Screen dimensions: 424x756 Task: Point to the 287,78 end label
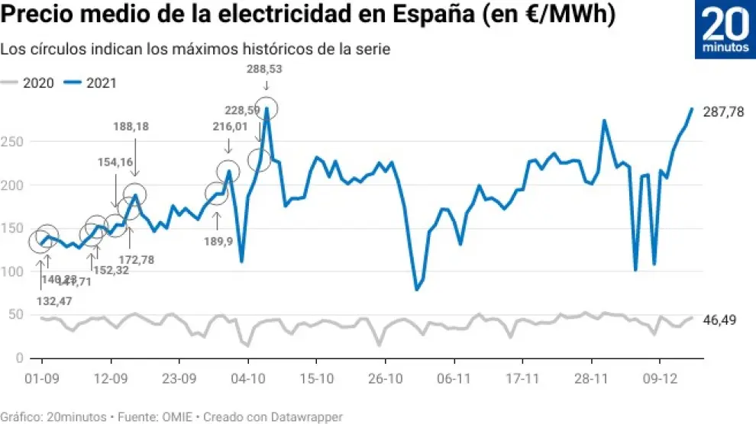click(723, 112)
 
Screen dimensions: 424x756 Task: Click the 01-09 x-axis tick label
click(43, 377)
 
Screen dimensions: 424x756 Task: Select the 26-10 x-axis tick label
click(386, 377)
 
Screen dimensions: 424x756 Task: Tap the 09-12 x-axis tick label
click(661, 377)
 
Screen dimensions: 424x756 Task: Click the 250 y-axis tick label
click(15, 142)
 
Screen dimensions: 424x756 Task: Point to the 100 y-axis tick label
click(15, 271)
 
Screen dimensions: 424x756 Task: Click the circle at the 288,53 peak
click(267, 108)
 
